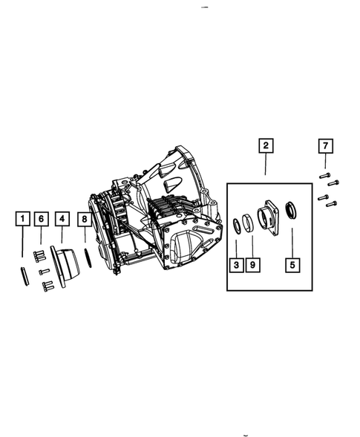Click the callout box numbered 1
click(23, 219)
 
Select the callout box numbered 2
click(265, 145)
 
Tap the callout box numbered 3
click(236, 263)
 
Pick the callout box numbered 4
click(62, 219)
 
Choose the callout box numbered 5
click(292, 263)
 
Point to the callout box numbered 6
click(42, 219)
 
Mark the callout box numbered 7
click(324, 145)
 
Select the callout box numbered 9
click(252, 263)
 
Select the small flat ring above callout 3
click(237, 226)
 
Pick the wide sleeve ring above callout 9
click(249, 223)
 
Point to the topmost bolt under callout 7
click(324, 175)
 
